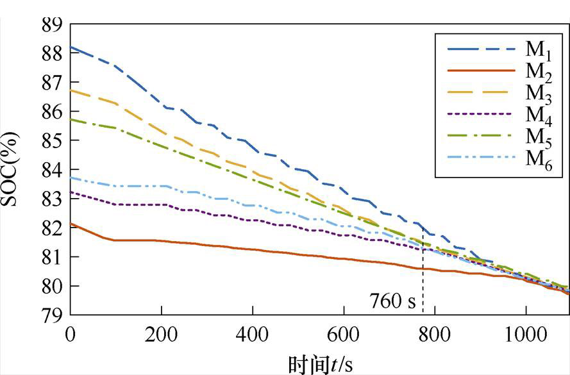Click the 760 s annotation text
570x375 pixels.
click(x=392, y=300)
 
